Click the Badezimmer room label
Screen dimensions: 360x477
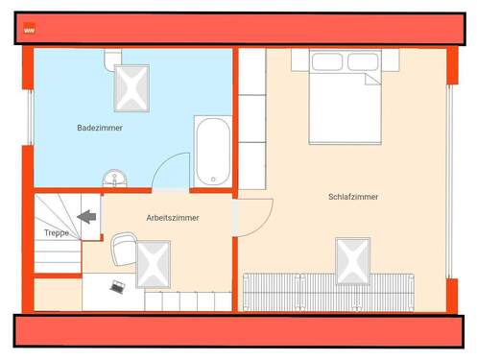[x=100, y=127]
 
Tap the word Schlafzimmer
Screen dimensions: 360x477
[x=352, y=197]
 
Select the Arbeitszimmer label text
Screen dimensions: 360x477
[x=173, y=218]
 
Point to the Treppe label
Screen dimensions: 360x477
[x=57, y=233]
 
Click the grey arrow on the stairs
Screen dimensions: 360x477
[x=87, y=217]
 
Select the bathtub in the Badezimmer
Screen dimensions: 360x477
[x=212, y=152]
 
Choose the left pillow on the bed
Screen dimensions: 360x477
[x=326, y=62]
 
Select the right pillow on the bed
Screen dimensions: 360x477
[x=362, y=62]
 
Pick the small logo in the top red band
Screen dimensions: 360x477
[x=29, y=29]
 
